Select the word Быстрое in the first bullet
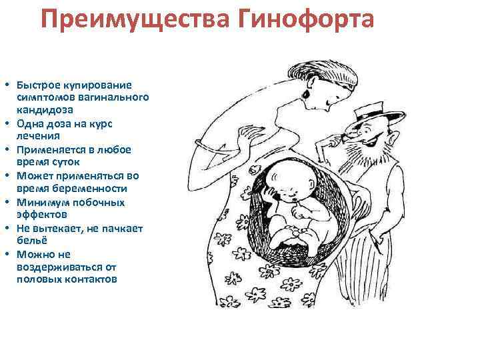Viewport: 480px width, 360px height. (38, 85)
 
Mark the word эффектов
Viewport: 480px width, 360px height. (43, 214)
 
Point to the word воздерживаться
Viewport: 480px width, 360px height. (55, 267)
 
